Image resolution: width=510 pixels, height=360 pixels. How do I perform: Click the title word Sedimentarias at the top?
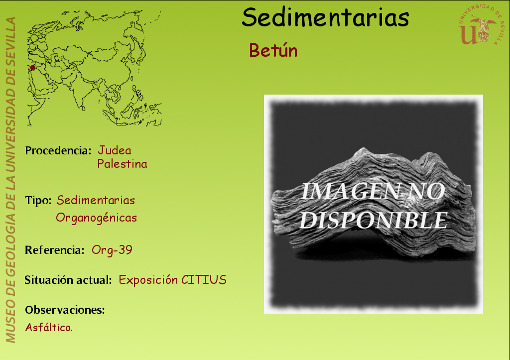(325, 17)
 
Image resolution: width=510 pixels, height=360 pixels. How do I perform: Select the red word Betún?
(273, 50)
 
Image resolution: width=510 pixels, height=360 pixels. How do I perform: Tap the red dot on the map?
(32, 68)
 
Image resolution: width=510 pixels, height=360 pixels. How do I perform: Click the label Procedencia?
(58, 150)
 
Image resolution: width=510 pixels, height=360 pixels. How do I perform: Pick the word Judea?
(115, 150)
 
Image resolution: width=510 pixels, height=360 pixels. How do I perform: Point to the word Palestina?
(123, 164)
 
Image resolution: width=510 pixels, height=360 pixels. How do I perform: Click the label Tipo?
(38, 200)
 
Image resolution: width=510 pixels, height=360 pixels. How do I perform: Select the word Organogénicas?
(96, 218)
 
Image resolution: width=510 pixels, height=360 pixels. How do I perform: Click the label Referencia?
(55, 250)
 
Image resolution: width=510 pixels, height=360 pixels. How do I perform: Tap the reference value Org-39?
(112, 250)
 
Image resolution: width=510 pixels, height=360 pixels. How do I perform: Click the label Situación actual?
(68, 280)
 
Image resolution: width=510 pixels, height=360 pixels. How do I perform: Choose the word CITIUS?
(204, 280)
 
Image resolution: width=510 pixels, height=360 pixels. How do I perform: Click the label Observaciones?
(65, 310)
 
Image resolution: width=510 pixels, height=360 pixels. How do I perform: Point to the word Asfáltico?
(49, 327)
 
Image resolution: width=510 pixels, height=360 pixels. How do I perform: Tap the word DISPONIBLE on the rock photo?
(374, 221)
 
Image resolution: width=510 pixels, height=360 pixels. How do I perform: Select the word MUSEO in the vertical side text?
(10, 321)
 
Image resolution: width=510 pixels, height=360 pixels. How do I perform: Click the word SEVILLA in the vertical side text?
(10, 38)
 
